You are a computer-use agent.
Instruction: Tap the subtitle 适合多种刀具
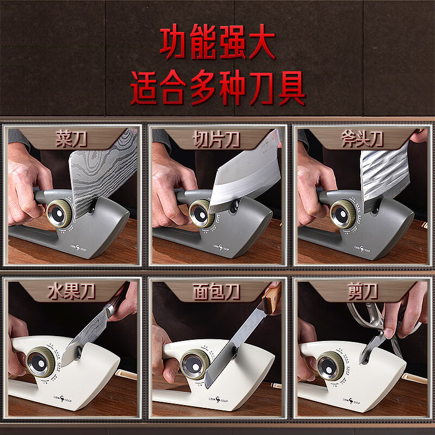pos(217,89)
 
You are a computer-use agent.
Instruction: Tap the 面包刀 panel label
pos(217,293)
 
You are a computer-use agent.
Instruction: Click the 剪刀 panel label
pos(362,293)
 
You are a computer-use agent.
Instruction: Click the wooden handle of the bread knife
pos(272,301)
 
